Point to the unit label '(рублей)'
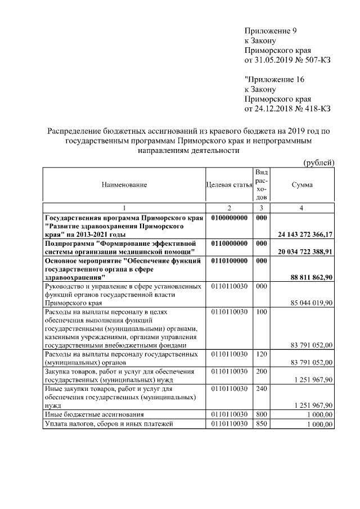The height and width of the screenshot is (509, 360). tap(319, 163)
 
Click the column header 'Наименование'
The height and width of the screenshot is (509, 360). tap(124, 185)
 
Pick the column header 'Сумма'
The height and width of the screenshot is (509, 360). tap(302, 185)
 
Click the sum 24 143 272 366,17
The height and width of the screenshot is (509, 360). tap(305, 234)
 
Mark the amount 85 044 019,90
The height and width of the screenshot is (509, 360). tap(313, 303)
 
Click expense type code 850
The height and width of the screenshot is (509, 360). tap(260, 424)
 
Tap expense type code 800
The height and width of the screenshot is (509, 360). tap(260, 415)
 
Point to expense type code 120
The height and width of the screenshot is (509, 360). tap(260, 354)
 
